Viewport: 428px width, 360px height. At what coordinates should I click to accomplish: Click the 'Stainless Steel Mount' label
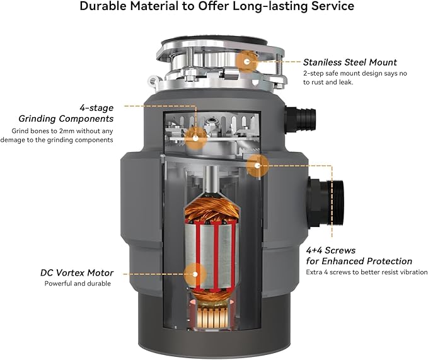coord(350,62)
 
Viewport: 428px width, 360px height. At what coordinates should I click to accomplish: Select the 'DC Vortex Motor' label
coord(76,273)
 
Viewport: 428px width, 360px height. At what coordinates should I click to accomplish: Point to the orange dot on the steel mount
coord(247,61)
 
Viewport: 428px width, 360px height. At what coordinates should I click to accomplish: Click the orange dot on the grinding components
coord(196,134)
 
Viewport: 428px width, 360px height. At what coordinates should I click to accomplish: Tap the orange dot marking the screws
coord(256,166)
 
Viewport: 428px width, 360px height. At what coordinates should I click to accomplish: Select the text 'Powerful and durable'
coord(79,284)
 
